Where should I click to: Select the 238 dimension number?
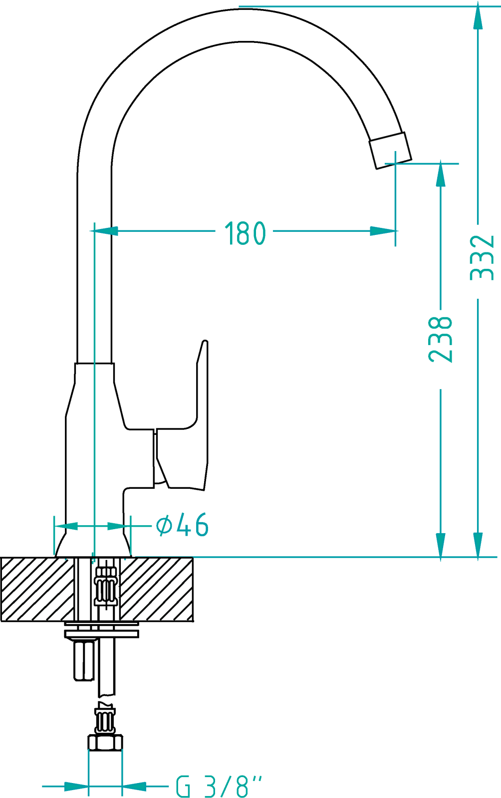tap(441, 339)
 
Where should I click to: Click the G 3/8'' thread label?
tap(219, 786)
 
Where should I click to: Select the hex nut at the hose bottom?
tap(105, 743)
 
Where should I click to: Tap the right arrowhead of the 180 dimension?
tap(383, 231)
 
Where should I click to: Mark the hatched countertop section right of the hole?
tap(156, 589)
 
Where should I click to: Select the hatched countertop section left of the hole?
tap(37, 589)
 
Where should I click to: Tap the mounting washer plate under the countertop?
tap(102, 630)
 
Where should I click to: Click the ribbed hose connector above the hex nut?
tap(105, 720)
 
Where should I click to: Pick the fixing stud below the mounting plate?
tap(84, 659)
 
